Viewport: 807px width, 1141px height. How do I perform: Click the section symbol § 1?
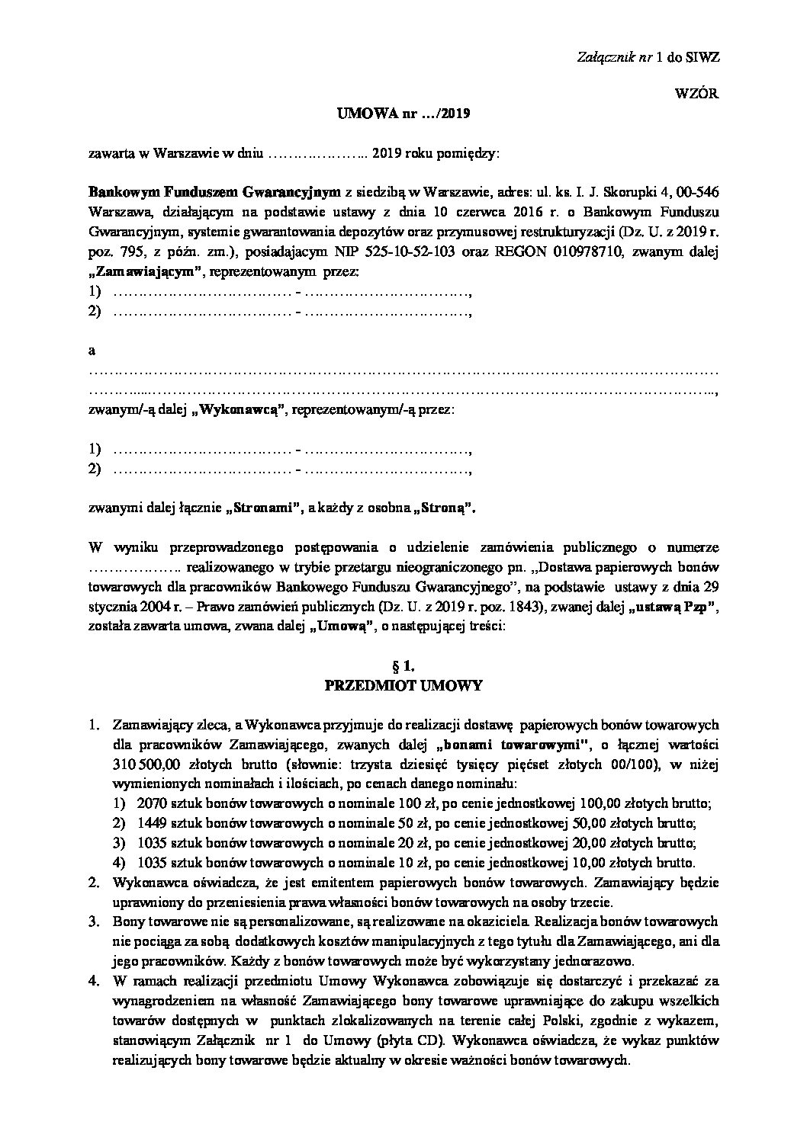403,666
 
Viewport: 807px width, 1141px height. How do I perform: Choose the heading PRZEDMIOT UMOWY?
403,686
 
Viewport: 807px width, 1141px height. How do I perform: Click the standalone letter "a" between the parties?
92,351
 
